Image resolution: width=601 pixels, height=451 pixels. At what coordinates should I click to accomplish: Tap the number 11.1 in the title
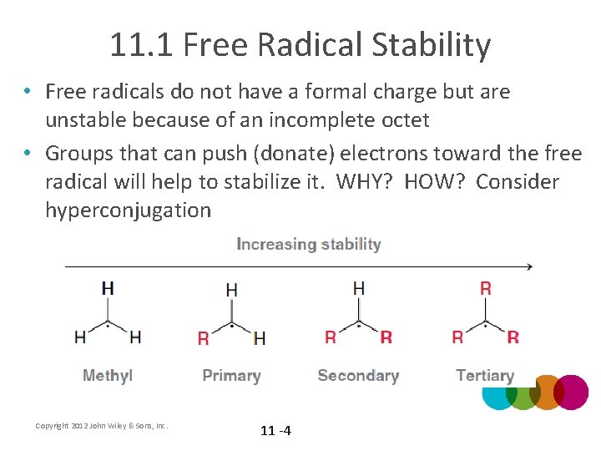(140, 45)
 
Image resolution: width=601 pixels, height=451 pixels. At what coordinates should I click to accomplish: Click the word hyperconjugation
(128, 210)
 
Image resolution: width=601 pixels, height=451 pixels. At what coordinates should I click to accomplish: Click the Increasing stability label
(309, 244)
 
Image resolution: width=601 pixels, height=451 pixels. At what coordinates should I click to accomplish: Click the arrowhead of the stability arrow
(528, 267)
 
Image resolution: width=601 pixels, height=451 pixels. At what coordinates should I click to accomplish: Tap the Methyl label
(108, 376)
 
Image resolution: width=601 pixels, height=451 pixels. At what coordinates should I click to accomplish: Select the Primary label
(231, 376)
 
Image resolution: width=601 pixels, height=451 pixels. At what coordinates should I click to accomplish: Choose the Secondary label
(358, 376)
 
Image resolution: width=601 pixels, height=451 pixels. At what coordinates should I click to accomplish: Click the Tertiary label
(485, 376)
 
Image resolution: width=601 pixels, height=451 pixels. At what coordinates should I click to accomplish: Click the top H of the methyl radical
(108, 288)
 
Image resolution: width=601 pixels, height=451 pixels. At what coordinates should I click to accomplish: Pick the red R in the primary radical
(204, 338)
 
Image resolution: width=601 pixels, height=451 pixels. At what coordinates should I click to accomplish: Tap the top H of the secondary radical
(359, 288)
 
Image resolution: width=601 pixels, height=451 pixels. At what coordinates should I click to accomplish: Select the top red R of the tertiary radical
(486, 288)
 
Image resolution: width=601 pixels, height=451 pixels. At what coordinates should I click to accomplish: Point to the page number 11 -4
(275, 431)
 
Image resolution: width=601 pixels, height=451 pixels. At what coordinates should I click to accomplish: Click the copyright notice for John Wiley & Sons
(102, 426)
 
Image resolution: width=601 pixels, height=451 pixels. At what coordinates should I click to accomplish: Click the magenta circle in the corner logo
(571, 392)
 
